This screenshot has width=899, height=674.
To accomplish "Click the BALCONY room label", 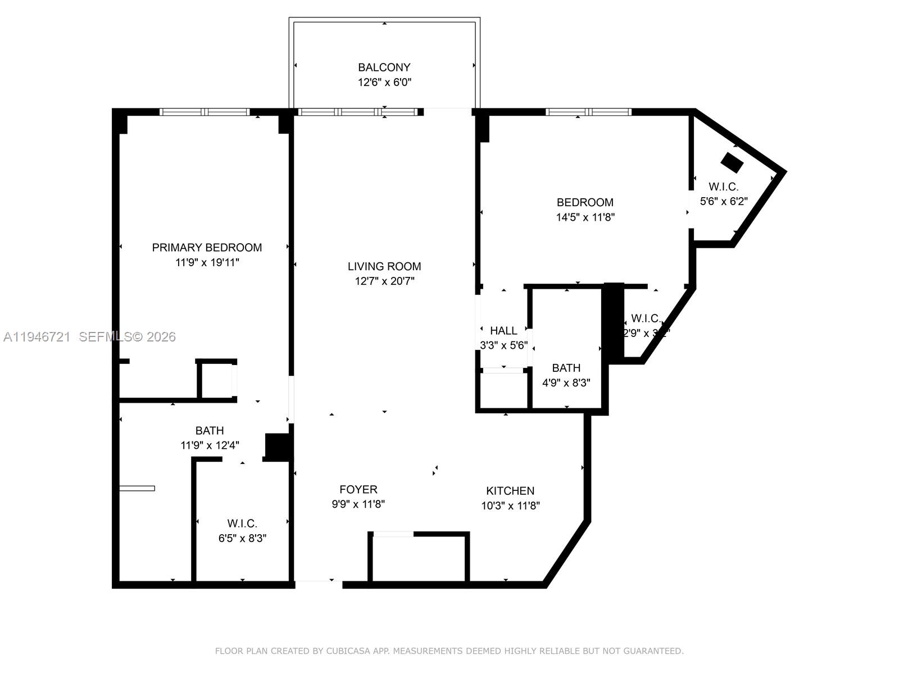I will click(x=384, y=67).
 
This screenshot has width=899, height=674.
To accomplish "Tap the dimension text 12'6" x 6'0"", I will click(x=384, y=83).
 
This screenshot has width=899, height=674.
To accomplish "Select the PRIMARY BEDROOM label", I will click(x=207, y=248).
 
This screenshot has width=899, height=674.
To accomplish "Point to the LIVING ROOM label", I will click(x=384, y=267).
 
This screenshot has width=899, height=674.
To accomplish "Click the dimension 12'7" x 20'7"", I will click(x=384, y=281).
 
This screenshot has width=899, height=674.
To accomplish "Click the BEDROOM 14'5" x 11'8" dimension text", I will click(x=585, y=217).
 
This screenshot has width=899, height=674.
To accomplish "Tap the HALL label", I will click(x=503, y=331).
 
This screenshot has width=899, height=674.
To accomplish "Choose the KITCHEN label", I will click(x=510, y=491).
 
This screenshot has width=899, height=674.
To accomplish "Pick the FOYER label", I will click(x=358, y=490).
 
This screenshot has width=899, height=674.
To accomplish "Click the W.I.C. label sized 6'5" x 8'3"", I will click(x=242, y=523).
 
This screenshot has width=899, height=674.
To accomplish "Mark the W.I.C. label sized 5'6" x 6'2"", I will click(x=723, y=186).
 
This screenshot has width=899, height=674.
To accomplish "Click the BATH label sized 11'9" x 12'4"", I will click(x=210, y=431).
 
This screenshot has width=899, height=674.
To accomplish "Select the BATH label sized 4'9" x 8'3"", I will click(x=566, y=368).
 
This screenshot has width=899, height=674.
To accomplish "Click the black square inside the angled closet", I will click(x=732, y=163).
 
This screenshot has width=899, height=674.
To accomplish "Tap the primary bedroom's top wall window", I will click(x=205, y=112).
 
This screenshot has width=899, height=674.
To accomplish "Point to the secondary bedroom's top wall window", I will click(x=588, y=112).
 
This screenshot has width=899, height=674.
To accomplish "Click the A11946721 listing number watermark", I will click(x=37, y=337).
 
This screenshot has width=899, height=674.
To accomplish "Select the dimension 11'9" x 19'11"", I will click(x=207, y=262).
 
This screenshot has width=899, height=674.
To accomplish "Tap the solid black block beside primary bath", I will click(x=277, y=447).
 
